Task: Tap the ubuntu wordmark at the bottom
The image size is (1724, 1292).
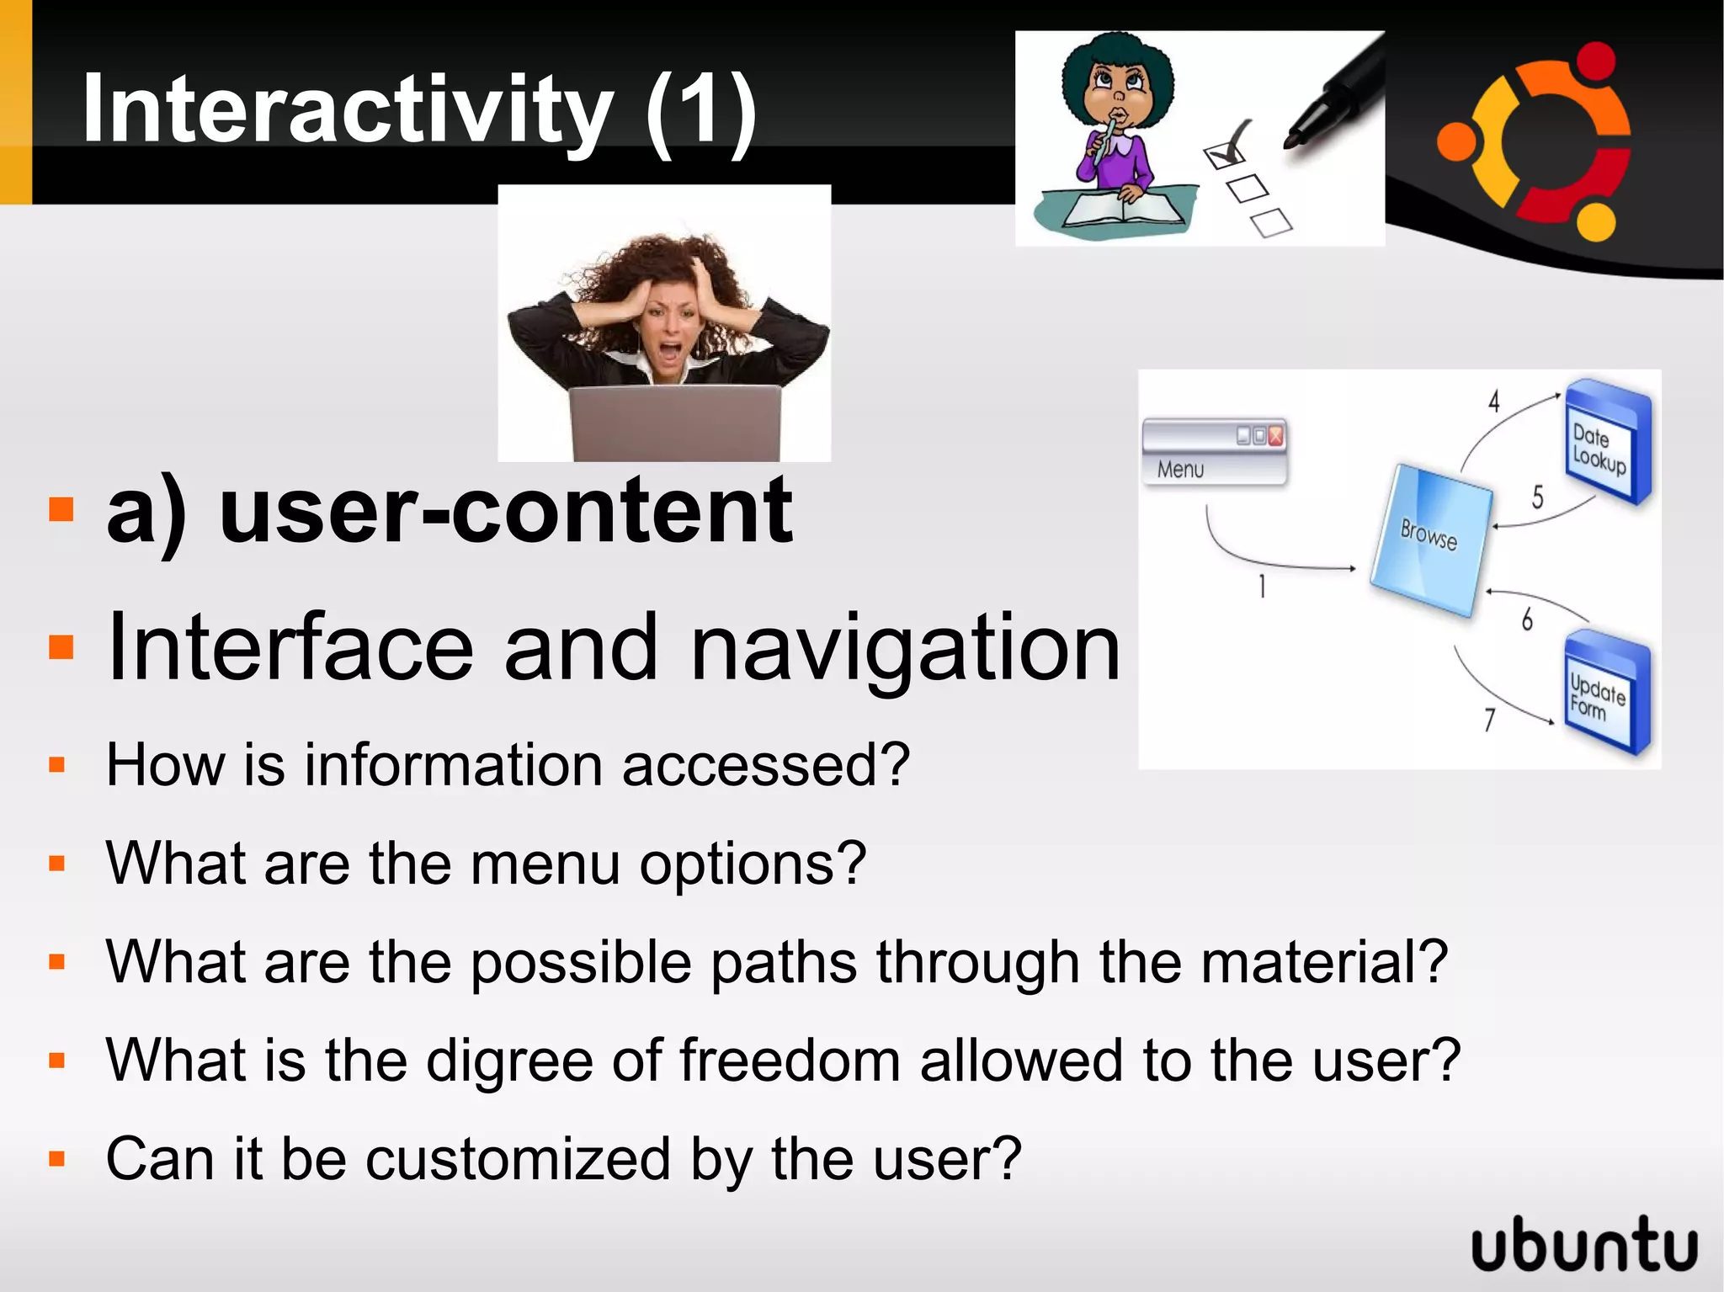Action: coord(1584,1243)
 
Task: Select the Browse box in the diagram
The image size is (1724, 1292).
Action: coord(1429,539)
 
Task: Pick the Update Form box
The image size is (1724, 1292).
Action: coord(1604,694)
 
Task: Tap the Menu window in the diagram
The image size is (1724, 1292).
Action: coord(1213,452)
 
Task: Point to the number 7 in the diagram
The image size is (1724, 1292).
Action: coord(1489,720)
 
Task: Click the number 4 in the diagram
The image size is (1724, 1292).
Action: coord(1493,401)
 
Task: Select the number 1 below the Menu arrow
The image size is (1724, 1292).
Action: coord(1262,586)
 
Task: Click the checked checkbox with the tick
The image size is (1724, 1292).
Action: coord(1224,154)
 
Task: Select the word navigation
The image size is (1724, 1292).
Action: coord(905,647)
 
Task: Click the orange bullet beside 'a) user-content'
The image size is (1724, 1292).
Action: coord(61,509)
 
